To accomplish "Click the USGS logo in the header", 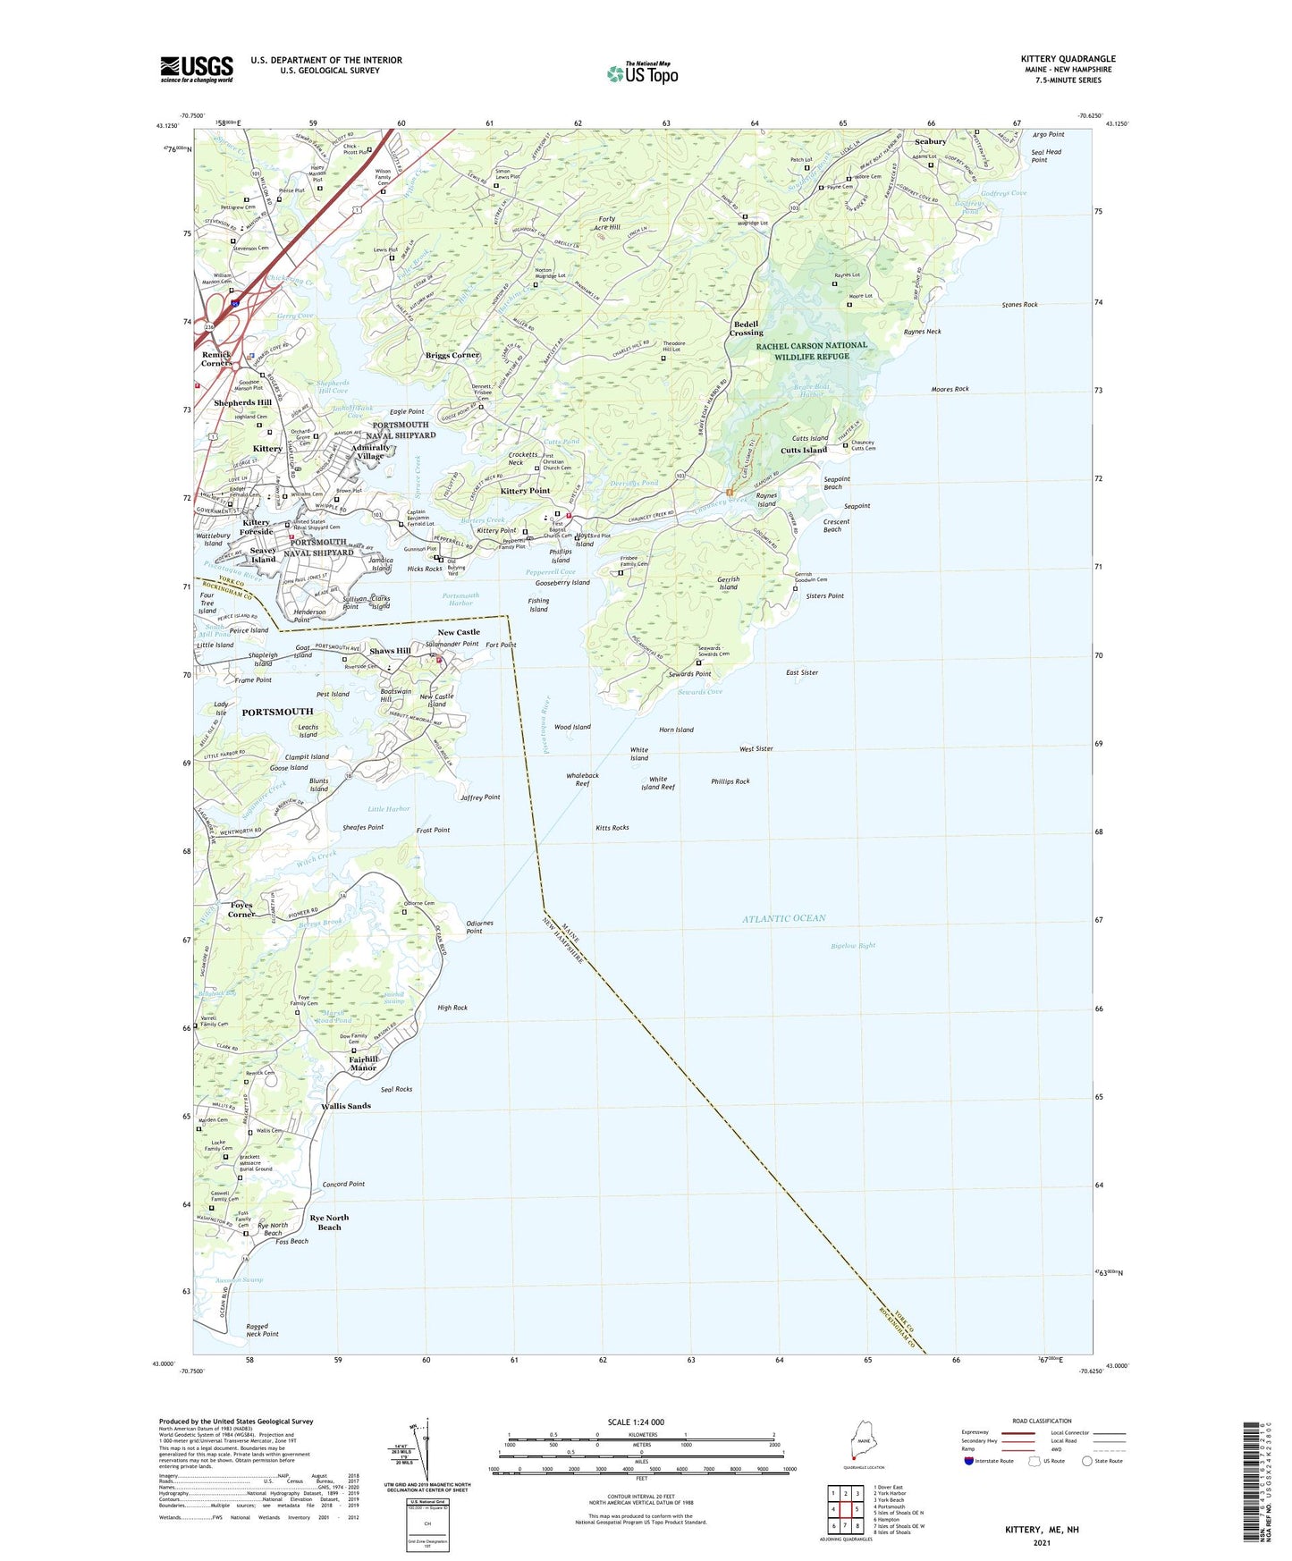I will tap(197, 69).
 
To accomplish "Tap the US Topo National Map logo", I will tap(643, 72).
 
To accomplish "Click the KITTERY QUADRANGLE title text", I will tap(1068, 59).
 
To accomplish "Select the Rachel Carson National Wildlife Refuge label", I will tap(811, 350).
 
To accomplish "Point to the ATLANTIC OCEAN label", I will tap(784, 918).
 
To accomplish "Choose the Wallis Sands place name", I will tap(345, 1106).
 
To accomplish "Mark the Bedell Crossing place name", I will tap(746, 328).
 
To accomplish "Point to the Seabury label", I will tap(930, 141).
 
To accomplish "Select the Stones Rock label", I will tap(1019, 305).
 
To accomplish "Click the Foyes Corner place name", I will tap(241, 909).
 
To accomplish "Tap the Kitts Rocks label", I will tap(612, 828).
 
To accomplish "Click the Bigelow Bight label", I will tap(853, 945).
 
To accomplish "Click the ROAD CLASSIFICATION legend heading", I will tap(1042, 1421).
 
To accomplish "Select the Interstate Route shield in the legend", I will tap(971, 1461).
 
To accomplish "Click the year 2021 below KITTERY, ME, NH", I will tap(1042, 1542).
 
